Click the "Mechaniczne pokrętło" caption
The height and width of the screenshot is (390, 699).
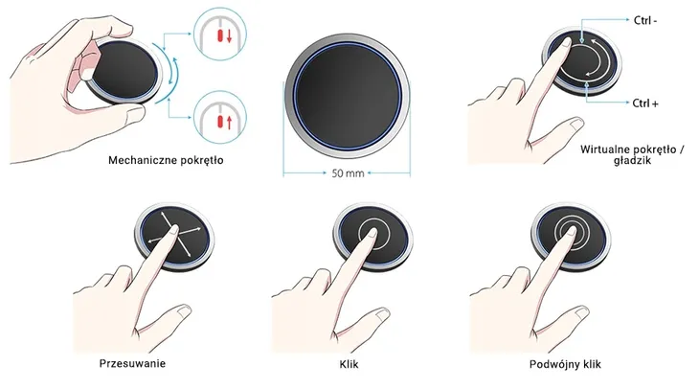pyautogui.click(x=166, y=160)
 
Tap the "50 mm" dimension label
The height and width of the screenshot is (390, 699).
pyautogui.click(x=348, y=173)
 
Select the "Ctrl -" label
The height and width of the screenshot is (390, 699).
pyautogui.click(x=645, y=20)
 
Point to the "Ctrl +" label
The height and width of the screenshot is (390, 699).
pyautogui.click(x=645, y=103)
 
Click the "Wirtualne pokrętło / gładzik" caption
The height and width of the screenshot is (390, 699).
pyautogui.click(x=632, y=155)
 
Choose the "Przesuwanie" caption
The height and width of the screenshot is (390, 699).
pyautogui.click(x=132, y=363)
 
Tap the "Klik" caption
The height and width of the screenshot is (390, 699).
pyautogui.click(x=349, y=364)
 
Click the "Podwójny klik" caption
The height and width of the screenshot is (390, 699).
pyautogui.click(x=565, y=364)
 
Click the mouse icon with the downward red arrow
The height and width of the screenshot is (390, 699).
pyautogui.click(x=219, y=33)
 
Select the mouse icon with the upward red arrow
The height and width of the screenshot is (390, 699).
pyautogui.click(x=219, y=117)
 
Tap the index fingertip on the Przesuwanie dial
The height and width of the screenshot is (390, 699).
pyautogui.click(x=173, y=229)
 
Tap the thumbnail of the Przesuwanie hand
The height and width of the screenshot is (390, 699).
pyautogui.click(x=183, y=311)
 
